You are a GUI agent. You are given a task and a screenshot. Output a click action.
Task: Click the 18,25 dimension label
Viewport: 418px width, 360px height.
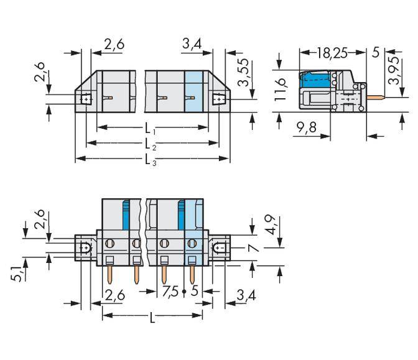click(332, 53)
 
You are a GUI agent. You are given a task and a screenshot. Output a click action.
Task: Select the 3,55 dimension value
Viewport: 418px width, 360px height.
click(244, 74)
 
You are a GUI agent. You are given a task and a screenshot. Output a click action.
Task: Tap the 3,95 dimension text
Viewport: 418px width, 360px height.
click(393, 73)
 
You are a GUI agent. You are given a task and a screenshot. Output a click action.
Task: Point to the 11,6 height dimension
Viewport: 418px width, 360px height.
click(281, 85)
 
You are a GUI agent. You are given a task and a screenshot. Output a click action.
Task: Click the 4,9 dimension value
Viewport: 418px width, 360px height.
click(268, 224)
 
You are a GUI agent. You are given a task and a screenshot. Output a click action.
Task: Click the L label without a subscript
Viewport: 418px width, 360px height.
click(152, 318)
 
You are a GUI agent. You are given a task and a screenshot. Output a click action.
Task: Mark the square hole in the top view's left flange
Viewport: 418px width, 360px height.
click(85, 99)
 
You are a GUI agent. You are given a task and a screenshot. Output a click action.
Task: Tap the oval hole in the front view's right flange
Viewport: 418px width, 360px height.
click(219, 249)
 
